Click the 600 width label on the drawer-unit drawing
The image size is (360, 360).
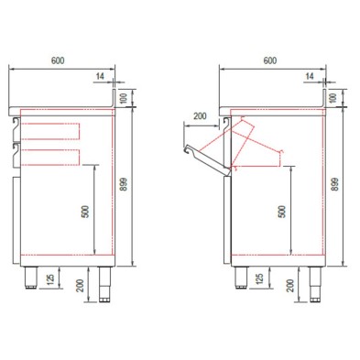[58, 60]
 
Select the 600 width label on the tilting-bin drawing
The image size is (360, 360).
[268, 60]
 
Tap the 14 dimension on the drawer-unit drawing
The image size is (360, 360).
[100, 76]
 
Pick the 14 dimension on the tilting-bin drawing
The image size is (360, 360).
[310, 76]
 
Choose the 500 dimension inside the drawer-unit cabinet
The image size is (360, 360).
[84, 210]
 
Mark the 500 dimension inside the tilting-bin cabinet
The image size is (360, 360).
[281, 210]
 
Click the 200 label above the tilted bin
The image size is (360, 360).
[200, 116]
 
